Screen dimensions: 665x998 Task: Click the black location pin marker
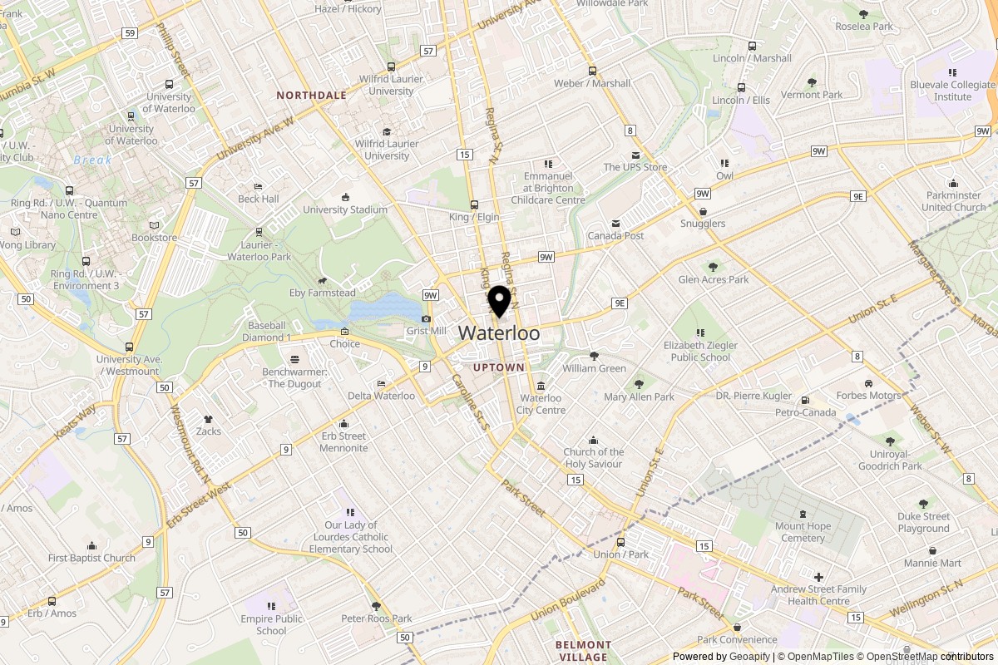[x=499, y=301]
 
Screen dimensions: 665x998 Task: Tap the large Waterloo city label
[x=499, y=333]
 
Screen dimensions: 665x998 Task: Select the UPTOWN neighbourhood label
[x=499, y=367]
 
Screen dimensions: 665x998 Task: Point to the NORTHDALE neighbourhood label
[x=311, y=96]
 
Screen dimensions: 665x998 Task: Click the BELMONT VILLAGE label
[x=583, y=651]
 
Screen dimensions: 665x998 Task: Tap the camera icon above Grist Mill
[x=427, y=319]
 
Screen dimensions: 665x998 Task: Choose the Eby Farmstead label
[x=322, y=293]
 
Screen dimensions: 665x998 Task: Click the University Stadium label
[x=345, y=209]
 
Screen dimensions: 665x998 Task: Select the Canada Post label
[x=616, y=235]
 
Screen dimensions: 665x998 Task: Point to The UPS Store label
[x=635, y=167]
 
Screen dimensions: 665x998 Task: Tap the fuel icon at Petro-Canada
[x=805, y=401]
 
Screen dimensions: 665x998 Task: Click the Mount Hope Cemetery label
[x=803, y=531]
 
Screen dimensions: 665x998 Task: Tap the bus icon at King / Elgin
[x=475, y=204]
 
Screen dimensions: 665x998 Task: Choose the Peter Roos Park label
[x=377, y=618]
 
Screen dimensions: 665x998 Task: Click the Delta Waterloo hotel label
[x=381, y=396]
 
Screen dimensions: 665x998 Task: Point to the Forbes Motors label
[x=868, y=396]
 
